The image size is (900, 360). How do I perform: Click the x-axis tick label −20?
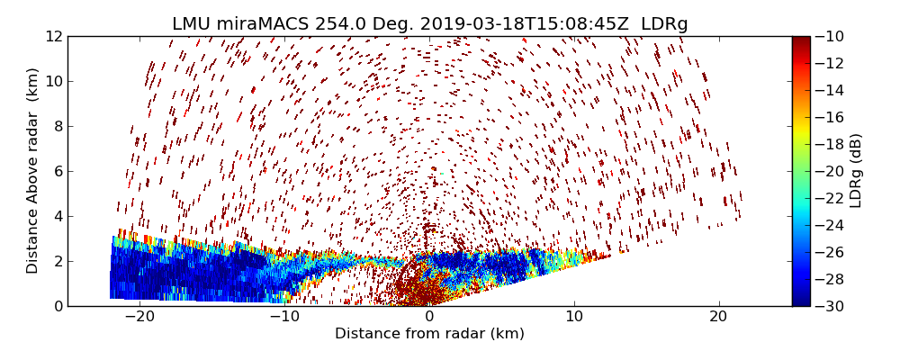139,317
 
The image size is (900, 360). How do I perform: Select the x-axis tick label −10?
284,317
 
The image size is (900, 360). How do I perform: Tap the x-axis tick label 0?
429,317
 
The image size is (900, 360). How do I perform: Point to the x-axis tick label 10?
574,317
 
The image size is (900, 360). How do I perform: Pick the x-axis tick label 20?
718,317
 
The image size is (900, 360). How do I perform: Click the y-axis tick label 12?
53,37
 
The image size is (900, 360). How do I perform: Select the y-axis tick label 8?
57,127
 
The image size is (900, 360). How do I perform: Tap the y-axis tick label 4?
57,216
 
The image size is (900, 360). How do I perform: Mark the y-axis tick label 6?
57,171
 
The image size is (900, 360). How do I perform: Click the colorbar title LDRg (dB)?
856,171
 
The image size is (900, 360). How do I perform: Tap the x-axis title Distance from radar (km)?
429,334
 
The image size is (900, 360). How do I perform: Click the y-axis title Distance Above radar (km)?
33,171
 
